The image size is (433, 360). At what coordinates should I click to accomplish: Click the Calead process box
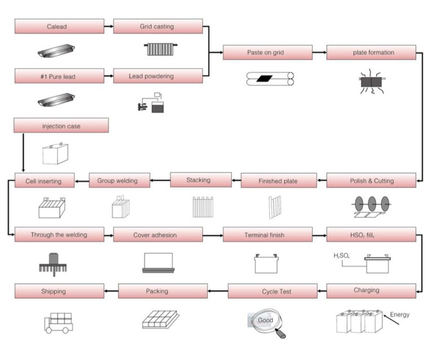pos(59,27)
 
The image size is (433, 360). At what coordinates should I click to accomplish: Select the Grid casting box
pos(158,27)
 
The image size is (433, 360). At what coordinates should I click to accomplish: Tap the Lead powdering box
pos(158,76)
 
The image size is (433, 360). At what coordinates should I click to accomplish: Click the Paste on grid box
pos(267,53)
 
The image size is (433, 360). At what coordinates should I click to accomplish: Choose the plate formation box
pos(371,53)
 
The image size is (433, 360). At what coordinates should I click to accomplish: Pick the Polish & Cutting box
pos(371,181)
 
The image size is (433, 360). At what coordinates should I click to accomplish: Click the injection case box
pos(61,126)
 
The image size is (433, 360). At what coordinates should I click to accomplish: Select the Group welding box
pos(120,181)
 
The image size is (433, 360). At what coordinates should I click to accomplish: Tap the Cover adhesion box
pos(158,235)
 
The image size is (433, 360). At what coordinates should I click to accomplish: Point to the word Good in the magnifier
pos(265,320)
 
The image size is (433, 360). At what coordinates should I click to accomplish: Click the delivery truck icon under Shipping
pos(58,322)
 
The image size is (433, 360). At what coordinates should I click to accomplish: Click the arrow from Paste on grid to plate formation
pos(319,53)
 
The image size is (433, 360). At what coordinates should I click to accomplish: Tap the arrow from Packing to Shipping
pos(111,292)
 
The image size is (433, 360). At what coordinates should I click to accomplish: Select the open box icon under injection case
pos(55,153)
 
